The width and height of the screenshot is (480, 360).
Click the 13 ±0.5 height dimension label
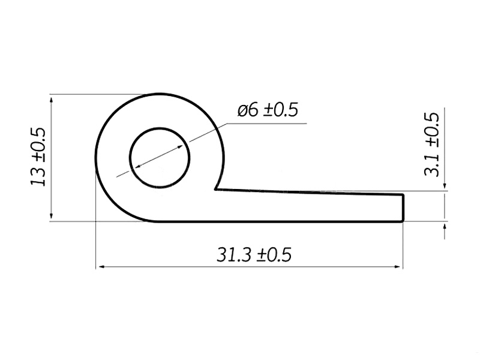[x=38, y=157]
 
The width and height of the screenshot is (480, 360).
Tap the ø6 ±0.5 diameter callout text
[x=268, y=110]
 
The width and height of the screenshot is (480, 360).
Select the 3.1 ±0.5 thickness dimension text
[x=431, y=144]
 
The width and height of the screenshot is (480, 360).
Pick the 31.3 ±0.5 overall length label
[x=254, y=254]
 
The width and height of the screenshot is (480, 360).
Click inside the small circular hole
[x=160, y=158]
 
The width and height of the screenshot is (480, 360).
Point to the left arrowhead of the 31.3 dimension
[x=100, y=267]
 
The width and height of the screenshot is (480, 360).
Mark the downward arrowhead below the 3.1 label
[x=445, y=187]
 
